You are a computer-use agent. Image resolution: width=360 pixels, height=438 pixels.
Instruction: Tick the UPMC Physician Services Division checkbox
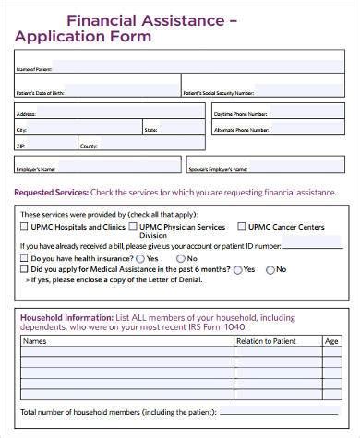tap(133, 226)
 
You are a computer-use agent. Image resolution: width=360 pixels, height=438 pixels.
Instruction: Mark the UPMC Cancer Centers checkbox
tap(241, 226)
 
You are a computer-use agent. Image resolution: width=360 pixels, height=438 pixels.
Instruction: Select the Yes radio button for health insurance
tap(140, 259)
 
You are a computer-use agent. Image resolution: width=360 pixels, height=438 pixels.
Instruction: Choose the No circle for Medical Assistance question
tap(270, 270)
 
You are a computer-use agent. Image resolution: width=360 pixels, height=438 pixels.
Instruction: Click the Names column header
tap(35, 341)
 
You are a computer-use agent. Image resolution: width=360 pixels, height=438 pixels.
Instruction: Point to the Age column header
tap(330, 341)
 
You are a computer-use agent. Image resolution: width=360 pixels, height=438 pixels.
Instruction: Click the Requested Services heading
tap(51, 193)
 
